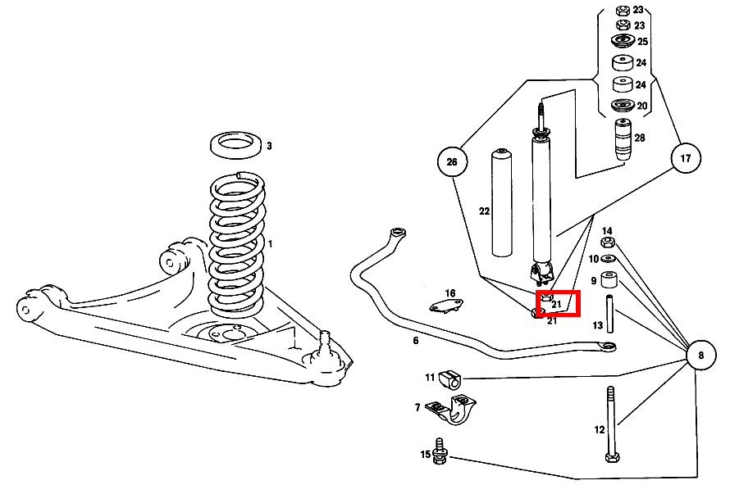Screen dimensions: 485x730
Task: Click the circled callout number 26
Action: click(x=452, y=162)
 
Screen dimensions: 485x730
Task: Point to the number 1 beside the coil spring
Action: click(x=270, y=244)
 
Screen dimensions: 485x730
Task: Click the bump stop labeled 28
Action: click(x=623, y=137)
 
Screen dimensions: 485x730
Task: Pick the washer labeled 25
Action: click(x=622, y=41)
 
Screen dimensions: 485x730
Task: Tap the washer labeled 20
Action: click(x=622, y=105)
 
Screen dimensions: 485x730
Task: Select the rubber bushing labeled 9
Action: click(x=608, y=280)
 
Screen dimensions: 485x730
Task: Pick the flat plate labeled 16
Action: click(x=447, y=307)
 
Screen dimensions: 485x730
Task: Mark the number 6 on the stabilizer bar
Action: click(x=416, y=340)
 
